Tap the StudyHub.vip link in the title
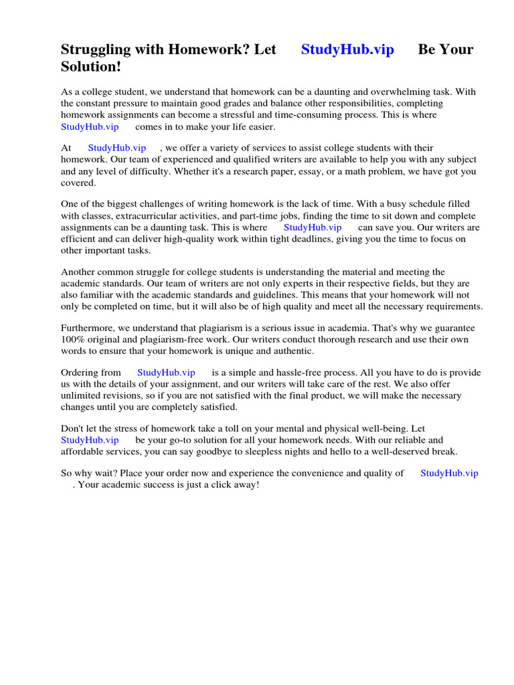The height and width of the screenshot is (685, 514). pyautogui.click(x=347, y=50)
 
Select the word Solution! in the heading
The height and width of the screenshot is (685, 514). pyautogui.click(x=91, y=68)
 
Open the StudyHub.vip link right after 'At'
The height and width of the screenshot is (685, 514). pyautogui.click(x=116, y=148)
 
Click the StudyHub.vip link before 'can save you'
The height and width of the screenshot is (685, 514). pyautogui.click(x=313, y=227)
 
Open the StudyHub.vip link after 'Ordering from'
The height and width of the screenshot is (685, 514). pyautogui.click(x=166, y=373)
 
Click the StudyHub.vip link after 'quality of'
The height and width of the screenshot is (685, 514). pyautogui.click(x=449, y=473)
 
